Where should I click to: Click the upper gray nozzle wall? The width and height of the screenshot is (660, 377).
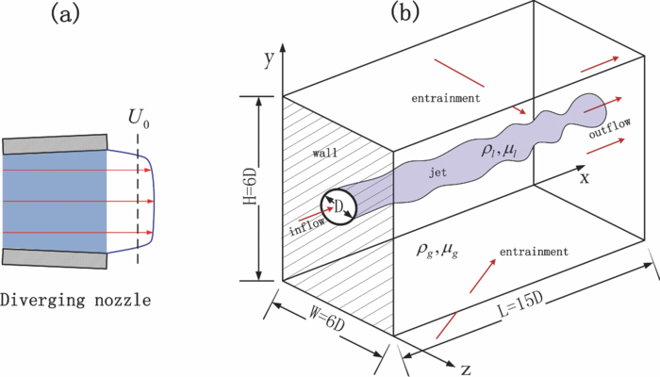tap(56, 142)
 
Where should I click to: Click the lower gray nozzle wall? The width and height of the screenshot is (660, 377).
tap(56, 257)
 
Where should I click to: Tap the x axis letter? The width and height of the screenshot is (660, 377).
tap(585, 176)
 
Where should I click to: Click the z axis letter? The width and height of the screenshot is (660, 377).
tap(465, 369)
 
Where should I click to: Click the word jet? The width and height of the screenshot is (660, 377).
tap(437, 173)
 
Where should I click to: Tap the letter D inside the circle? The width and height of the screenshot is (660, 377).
tap(338, 205)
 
